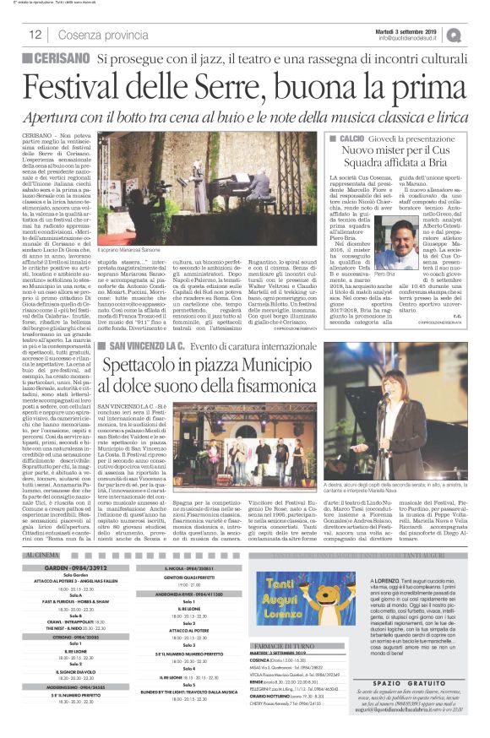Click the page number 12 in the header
pyautogui.click(x=36, y=35)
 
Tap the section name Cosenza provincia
pyautogui.click(x=92, y=35)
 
